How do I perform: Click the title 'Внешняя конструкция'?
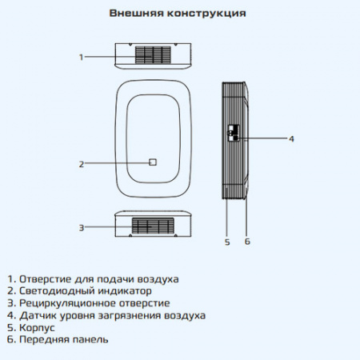(177, 14)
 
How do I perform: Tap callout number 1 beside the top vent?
(82, 57)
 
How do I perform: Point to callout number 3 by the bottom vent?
(81, 227)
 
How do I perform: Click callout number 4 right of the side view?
(291, 138)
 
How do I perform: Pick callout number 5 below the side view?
(227, 241)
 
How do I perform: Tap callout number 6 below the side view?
(247, 241)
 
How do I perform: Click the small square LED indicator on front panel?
(153, 162)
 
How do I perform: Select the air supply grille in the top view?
(153, 56)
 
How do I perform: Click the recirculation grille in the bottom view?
(152, 226)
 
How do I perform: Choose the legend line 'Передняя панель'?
(63, 340)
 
